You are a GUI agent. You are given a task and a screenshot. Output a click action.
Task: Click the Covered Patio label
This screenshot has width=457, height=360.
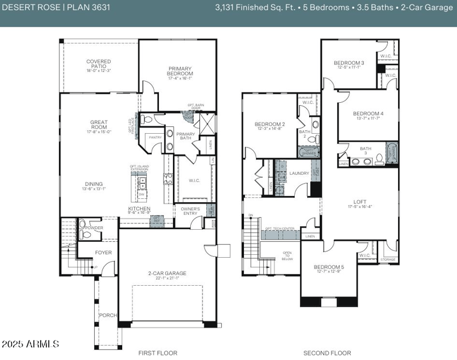pos(98,64)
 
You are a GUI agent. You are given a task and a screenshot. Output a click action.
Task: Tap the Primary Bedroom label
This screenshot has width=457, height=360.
pos(179,71)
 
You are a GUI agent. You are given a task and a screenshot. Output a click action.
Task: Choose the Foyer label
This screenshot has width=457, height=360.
pos(103,252)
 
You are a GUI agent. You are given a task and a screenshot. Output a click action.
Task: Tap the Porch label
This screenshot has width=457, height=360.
pos(108,315)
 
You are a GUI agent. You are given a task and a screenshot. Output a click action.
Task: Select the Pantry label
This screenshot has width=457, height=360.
pos(155,137)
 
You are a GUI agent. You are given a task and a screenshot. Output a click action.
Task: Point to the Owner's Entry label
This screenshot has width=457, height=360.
pos(190,211)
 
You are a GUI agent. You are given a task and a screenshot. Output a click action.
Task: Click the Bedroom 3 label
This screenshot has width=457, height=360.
pos(349,63)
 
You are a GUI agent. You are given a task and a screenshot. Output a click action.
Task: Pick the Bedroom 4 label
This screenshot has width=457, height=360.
pos(368,113)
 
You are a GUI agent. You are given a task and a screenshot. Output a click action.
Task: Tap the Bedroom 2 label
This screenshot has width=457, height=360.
pos(270,124)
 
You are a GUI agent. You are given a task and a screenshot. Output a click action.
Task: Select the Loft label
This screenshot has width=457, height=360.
pos(360,202)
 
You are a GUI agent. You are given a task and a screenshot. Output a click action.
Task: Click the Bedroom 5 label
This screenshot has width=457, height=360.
pos(328,267)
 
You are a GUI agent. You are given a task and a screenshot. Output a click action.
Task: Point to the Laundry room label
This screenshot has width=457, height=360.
pos(299,173)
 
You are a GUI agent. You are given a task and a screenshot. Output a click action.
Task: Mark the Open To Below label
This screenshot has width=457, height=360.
pos(287,255)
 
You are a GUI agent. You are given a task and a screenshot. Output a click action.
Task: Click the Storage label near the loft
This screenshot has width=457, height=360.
pos(388,259)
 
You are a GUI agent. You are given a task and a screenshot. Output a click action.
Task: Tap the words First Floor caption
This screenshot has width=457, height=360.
pos(158,353)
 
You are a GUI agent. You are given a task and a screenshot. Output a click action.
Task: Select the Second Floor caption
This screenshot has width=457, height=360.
pos(327,353)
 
